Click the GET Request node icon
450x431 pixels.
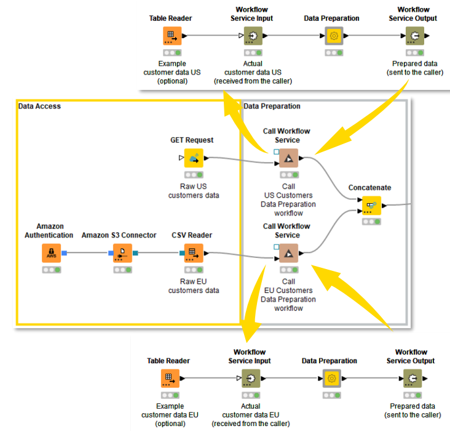[x=194, y=158]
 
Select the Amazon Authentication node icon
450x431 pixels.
[x=52, y=253]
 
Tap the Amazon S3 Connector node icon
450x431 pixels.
[x=122, y=253]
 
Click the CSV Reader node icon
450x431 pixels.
[x=194, y=253]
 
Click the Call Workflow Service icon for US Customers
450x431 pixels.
[x=288, y=158]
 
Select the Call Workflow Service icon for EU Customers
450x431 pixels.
[x=288, y=253]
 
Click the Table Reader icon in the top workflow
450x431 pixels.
[x=172, y=36]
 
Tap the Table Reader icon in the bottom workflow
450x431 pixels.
[x=170, y=379]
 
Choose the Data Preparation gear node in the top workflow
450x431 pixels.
[x=334, y=36]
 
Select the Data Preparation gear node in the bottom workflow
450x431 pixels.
[x=332, y=379]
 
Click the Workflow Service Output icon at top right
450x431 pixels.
[x=413, y=36]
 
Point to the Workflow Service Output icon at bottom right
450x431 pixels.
[x=411, y=379]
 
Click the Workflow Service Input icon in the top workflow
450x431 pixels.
[x=253, y=36]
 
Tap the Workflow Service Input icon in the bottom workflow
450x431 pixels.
[x=250, y=379]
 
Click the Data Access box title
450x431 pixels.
[x=39, y=107]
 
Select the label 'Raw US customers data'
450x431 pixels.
[x=194, y=191]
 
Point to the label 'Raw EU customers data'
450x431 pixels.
[x=194, y=286]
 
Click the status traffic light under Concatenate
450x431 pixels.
[x=371, y=221]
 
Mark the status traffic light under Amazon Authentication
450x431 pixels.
[x=52, y=270]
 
